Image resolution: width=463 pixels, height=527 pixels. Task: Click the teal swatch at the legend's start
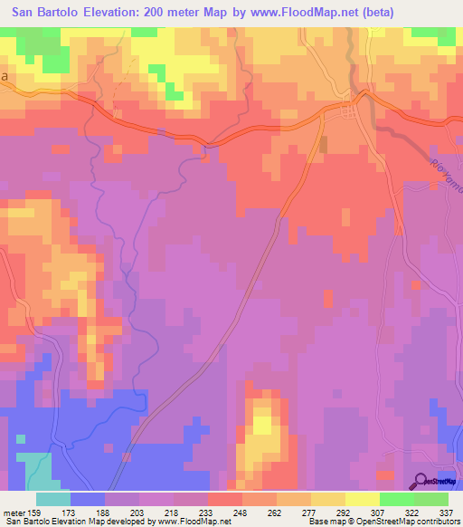point(52,499)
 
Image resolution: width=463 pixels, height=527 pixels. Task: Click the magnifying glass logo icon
point(421,482)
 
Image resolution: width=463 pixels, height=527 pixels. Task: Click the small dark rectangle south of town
point(322,144)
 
